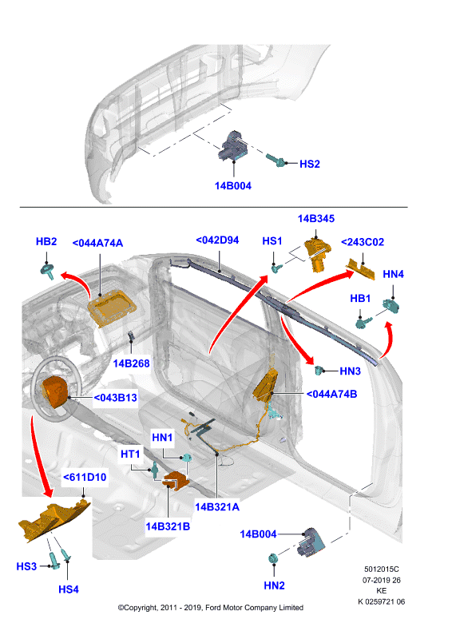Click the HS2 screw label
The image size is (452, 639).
click(310, 164)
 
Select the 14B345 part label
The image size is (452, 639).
click(316, 218)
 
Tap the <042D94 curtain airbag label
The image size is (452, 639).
click(217, 240)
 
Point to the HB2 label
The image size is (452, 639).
click(46, 241)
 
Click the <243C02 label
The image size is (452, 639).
click(363, 242)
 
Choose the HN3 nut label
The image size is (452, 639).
click(350, 371)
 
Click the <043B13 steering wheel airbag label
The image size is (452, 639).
click(115, 397)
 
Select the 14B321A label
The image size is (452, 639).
click(217, 507)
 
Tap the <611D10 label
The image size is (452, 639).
click(85, 477)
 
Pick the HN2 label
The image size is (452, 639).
click(274, 585)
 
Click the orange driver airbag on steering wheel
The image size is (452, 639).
click(54, 391)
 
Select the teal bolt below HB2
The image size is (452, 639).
click(48, 271)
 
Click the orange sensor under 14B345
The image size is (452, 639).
click(318, 254)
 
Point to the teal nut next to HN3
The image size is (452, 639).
click(319, 371)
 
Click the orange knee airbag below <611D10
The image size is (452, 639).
click(53, 520)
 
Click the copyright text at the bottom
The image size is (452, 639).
click(211, 608)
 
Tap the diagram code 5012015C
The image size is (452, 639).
click(382, 570)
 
